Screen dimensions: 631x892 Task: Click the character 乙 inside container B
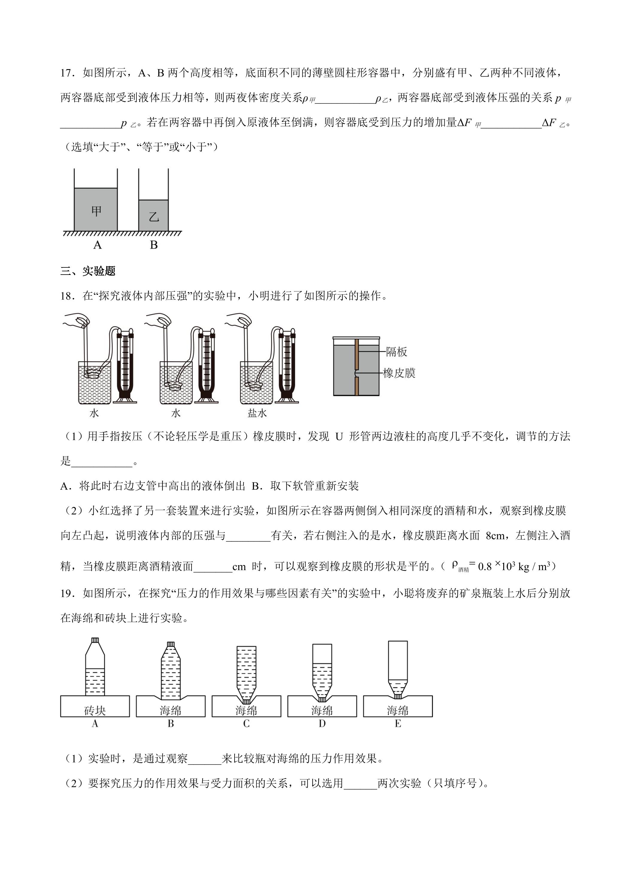tap(154, 216)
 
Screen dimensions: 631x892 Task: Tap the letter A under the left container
tap(97, 245)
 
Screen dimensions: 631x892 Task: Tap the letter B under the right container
tap(154, 245)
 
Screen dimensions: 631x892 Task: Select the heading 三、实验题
tap(88, 271)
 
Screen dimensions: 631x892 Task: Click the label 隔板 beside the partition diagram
tap(396, 352)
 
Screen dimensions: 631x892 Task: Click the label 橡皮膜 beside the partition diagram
tap(399, 373)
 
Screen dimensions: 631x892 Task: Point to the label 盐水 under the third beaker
tap(257, 413)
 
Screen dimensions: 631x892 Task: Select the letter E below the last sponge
tap(398, 724)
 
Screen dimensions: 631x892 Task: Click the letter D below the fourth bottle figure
tap(322, 724)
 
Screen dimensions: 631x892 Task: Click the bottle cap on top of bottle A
tap(95, 641)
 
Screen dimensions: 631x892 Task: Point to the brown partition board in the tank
tap(356, 367)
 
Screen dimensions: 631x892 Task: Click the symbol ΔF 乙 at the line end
tap(554, 124)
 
